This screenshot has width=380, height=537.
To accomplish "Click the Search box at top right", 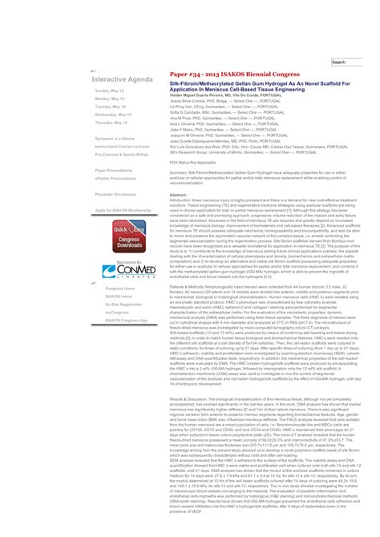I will (x=348, y=62).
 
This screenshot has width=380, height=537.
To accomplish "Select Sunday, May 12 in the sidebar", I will (x=109, y=91).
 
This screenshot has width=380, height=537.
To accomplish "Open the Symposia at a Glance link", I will (x=115, y=139).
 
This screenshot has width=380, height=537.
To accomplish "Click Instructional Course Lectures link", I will (x=122, y=147).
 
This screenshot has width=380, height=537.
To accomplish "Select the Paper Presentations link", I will (x=114, y=171).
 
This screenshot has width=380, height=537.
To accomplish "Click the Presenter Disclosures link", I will (x=115, y=194).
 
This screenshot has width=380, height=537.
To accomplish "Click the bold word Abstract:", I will (x=179, y=194).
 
